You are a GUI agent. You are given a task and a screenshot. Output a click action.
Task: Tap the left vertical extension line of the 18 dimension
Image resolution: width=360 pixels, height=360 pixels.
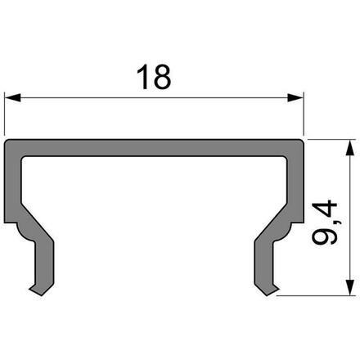tap(5, 115)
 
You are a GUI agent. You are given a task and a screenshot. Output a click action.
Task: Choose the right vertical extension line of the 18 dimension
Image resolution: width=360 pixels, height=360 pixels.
tap(304, 115)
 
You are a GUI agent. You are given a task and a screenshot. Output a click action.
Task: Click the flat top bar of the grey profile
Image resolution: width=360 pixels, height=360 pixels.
tap(155, 147)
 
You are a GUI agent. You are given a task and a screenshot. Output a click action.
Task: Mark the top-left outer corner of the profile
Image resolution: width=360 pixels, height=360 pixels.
tap(7, 141)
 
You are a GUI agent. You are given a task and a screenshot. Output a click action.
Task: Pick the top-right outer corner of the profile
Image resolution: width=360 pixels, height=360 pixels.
tap(303, 141)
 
